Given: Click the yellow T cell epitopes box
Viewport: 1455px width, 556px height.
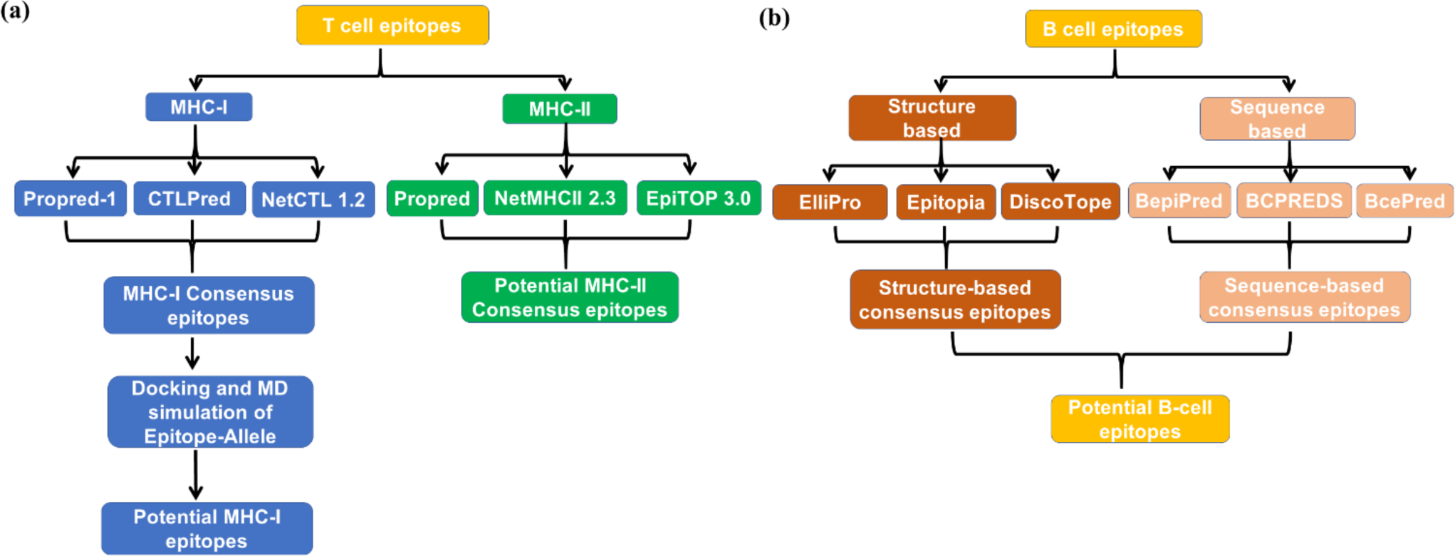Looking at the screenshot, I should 392,26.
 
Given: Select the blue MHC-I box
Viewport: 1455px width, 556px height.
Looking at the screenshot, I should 199,107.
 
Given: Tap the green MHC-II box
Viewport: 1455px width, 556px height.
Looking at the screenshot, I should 559,109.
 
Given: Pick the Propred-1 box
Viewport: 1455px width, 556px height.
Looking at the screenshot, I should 70,198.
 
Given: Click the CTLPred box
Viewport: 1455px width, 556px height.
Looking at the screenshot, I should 189,198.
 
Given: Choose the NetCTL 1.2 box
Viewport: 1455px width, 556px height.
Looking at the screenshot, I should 313,200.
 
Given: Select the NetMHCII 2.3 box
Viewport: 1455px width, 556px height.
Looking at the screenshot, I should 555,198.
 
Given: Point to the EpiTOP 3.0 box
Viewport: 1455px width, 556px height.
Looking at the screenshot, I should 698,198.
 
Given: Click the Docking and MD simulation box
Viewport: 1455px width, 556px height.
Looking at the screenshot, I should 210,412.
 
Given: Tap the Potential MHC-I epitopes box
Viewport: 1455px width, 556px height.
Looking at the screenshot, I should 207,528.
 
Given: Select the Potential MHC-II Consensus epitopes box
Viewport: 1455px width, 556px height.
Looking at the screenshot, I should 570,297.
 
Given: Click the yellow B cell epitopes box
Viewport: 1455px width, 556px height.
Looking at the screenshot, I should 1113,29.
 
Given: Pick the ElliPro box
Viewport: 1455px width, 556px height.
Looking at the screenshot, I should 830,202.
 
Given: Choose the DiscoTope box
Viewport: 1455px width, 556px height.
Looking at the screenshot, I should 1060,202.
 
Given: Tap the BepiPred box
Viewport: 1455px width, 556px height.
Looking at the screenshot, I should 1179,201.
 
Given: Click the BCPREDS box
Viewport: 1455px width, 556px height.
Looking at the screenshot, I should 1293,201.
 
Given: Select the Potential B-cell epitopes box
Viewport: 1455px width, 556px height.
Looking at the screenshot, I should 1140,419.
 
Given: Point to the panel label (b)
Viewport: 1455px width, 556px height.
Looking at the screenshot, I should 774,17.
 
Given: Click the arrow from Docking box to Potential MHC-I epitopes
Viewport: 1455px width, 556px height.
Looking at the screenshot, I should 196,475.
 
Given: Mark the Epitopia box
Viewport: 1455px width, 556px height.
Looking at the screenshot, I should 945,202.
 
